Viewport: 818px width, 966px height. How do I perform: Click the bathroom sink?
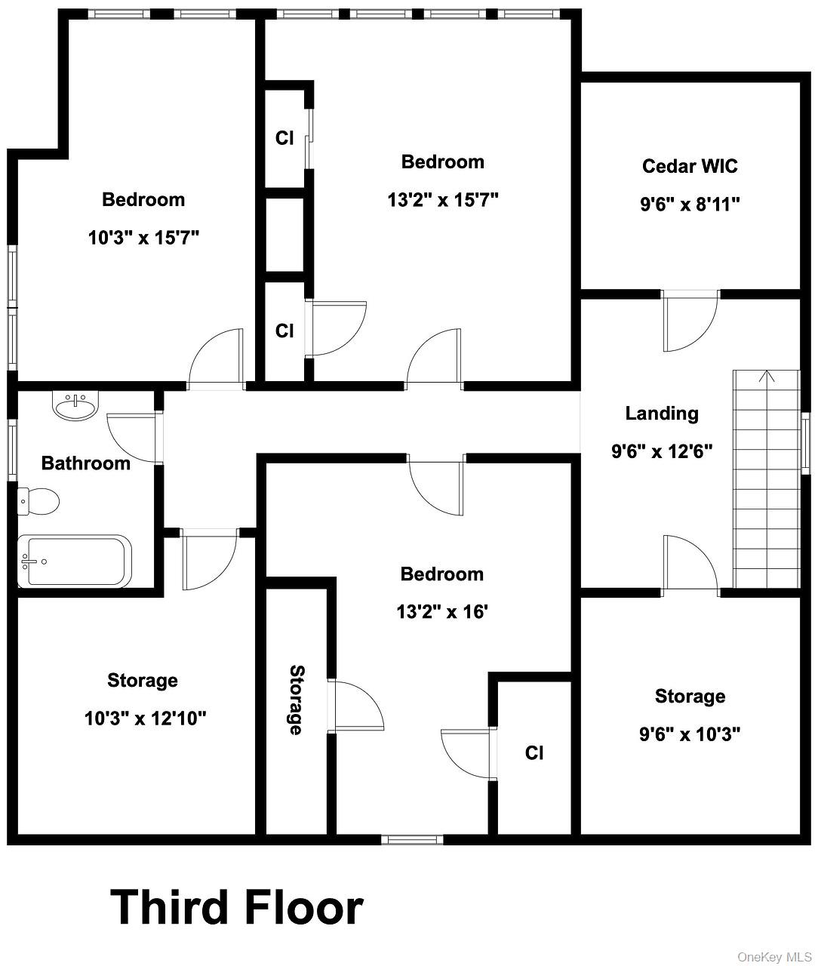[75, 406]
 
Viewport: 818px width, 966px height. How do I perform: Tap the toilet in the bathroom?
[38, 501]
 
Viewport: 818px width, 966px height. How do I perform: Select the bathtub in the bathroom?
[75, 560]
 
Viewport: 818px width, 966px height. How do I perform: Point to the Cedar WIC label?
[690, 166]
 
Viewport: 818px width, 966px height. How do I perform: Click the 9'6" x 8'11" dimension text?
[690, 205]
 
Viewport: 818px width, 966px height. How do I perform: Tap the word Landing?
[662, 414]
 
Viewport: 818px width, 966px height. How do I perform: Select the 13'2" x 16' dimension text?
[442, 611]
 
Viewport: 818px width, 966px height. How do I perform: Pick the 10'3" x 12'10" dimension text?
[145, 718]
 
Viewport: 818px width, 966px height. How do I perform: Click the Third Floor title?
[236, 907]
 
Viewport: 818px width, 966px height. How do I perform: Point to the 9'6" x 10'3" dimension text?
[690, 734]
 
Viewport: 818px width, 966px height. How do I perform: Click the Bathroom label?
[86, 463]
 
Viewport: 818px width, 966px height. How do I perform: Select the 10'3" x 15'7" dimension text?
[143, 238]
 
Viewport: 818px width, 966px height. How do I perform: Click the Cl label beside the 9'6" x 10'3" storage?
[534, 752]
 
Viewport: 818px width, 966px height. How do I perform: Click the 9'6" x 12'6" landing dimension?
[662, 452]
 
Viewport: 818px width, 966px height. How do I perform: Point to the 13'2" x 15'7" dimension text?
[443, 200]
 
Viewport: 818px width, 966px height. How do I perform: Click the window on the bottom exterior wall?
[412, 839]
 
